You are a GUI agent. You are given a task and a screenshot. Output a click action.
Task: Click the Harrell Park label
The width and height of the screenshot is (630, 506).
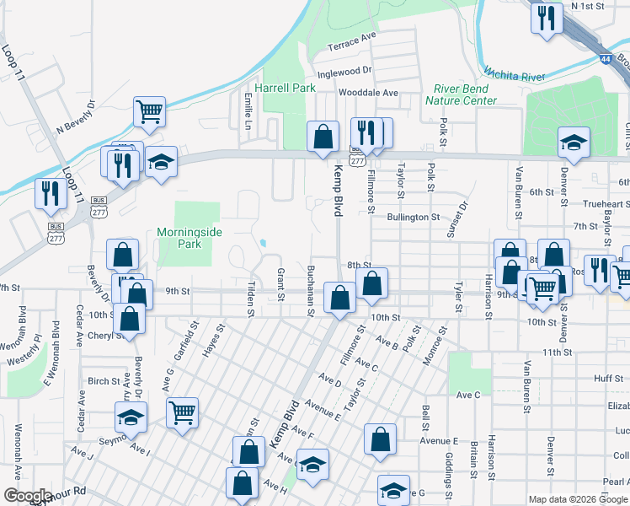[x=285, y=88]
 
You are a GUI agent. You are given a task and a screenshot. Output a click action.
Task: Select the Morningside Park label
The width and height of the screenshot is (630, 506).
[x=179, y=238]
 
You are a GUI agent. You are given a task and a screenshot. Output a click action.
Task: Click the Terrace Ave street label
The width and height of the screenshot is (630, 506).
[x=352, y=40]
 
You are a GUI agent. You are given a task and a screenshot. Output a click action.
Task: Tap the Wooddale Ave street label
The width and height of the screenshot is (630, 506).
[x=368, y=93]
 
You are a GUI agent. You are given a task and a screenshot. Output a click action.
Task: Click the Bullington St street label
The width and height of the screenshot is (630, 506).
[x=414, y=217]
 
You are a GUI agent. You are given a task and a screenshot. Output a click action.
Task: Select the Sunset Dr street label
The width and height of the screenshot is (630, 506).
[x=462, y=217]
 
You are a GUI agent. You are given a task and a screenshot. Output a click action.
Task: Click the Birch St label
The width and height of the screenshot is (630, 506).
[x=104, y=381]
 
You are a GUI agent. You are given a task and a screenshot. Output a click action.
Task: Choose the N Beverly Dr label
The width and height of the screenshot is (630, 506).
[x=77, y=118]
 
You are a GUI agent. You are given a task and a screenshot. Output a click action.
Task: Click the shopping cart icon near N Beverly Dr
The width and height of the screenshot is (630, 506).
[x=149, y=110]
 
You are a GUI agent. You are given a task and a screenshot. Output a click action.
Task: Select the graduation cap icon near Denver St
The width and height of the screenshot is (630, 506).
[x=574, y=142]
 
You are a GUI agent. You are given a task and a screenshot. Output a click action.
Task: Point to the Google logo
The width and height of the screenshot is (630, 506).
[x=27, y=495]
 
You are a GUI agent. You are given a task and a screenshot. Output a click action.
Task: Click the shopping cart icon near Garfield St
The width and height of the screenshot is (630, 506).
[x=183, y=412]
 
